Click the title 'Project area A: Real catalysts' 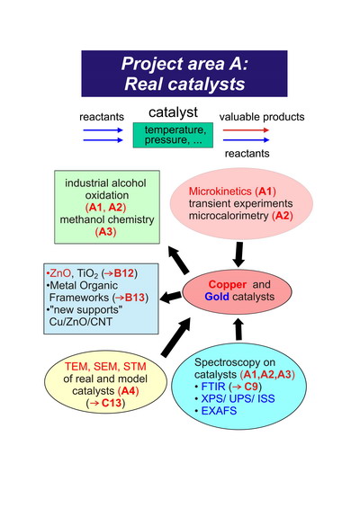pos(184,74)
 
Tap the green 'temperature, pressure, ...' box pos(173,135)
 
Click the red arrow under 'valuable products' pos(246,130)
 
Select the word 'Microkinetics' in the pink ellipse pos(220,192)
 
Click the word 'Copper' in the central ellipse pos(228,284)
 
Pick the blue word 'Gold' pos(217,297)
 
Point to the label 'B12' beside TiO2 pos(124,273)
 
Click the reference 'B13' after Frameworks pos(135,298)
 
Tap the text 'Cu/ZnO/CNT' pos(81,322)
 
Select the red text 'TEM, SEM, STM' pos(105,367)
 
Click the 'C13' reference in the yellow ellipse pos(112,403)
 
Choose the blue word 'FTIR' pos(213,387)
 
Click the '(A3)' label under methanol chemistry pos(105,232)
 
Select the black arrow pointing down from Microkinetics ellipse pos(238,254)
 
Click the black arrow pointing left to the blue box pos(171,297)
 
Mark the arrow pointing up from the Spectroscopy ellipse pos(238,329)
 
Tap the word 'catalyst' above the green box pos(173,112)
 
